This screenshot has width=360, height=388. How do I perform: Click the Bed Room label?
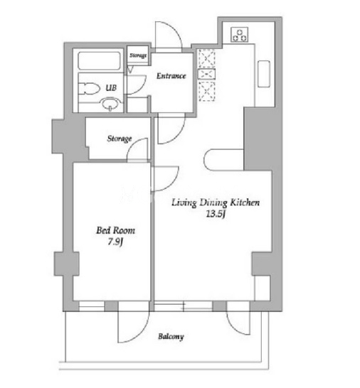(116, 230)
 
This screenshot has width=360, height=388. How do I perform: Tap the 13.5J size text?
(216, 214)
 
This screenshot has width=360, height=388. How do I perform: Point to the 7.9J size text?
(115, 242)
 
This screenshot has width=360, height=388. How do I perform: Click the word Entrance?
(171, 76)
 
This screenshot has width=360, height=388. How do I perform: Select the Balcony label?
(171, 337)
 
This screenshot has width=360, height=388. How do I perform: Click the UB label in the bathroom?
(111, 87)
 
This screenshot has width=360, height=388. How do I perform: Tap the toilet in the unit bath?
(89, 89)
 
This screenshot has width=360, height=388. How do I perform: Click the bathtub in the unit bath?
(100, 61)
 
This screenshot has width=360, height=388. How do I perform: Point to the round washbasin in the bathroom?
(110, 104)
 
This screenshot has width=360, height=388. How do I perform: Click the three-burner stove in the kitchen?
(240, 35)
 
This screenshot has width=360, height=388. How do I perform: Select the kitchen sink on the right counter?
(264, 74)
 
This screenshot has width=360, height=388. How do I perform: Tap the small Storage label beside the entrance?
(138, 55)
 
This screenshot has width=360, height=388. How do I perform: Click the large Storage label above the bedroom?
(120, 139)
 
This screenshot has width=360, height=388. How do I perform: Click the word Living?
(184, 203)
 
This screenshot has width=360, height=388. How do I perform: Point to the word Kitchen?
(245, 203)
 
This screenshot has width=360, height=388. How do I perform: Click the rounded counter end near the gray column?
(206, 160)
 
